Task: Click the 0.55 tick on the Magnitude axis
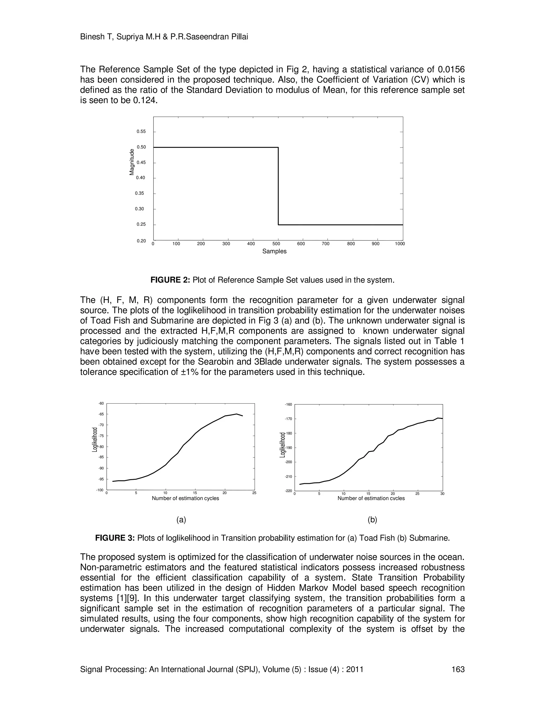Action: [x=141, y=132]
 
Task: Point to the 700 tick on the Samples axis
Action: [x=325, y=244]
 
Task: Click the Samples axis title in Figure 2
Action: [x=274, y=251]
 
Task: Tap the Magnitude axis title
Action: [x=132, y=162]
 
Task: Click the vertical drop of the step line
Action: [x=278, y=186]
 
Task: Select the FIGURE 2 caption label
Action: [x=171, y=280]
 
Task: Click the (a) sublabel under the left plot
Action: [x=181, y=520]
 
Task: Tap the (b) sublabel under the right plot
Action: [x=372, y=520]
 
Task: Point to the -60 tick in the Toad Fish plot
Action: [x=101, y=403]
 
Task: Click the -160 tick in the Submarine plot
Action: [x=288, y=404]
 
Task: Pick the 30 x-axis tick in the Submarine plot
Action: [x=442, y=494]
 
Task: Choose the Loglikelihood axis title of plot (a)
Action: [x=94, y=440]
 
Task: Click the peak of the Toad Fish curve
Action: [x=237, y=414]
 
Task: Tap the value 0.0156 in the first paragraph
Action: [x=451, y=70]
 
